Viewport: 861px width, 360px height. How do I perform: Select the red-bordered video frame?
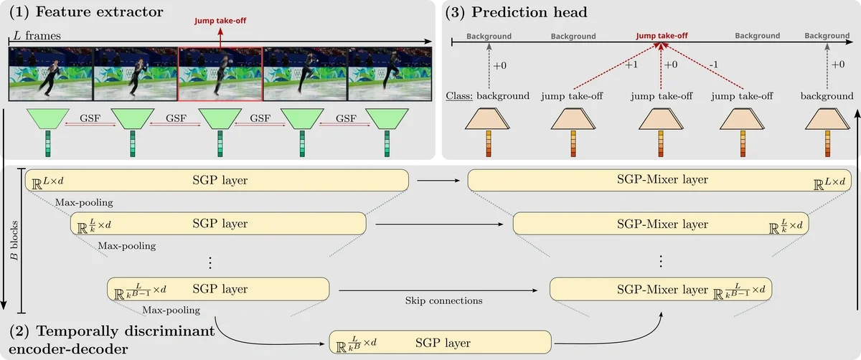[x=220, y=75]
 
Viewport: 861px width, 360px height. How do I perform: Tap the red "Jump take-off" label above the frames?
[x=220, y=21]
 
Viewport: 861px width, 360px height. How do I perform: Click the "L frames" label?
[x=37, y=35]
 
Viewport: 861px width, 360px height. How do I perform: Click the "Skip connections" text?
[x=443, y=300]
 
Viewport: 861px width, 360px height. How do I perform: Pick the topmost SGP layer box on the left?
[x=217, y=180]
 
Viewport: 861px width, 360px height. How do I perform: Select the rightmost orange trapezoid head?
[x=827, y=118]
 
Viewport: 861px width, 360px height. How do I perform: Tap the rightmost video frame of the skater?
[x=390, y=75]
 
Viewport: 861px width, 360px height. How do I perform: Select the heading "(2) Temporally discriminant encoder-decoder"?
[x=111, y=340]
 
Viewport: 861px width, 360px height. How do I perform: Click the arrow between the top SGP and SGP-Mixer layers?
[x=438, y=181]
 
